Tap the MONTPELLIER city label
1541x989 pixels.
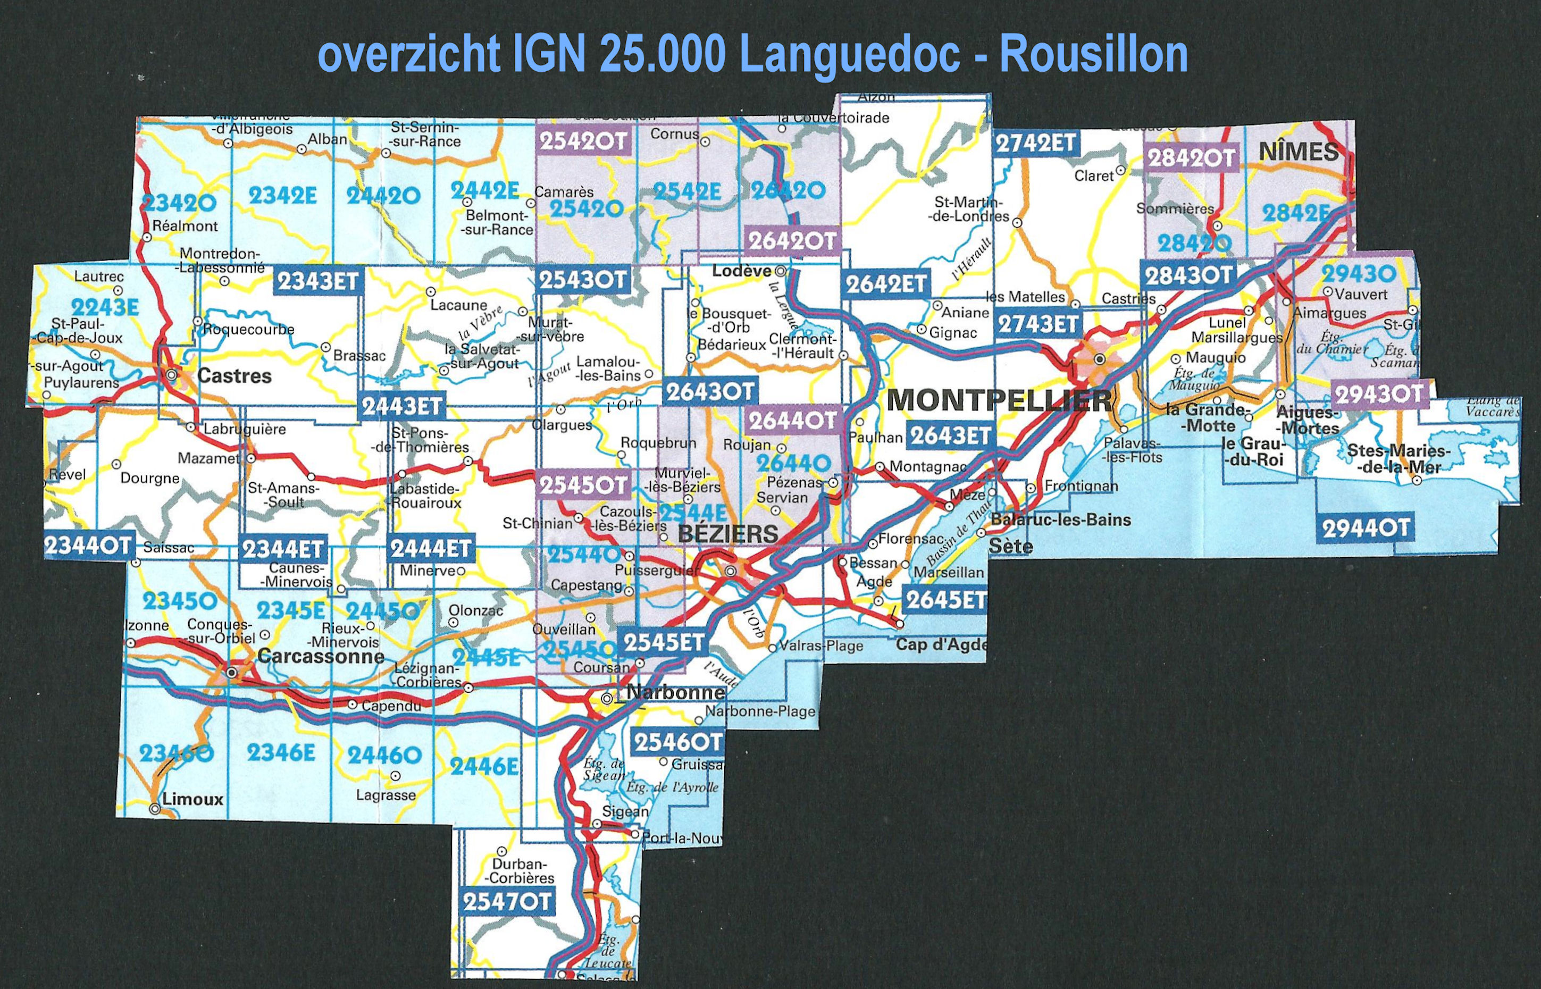[x=999, y=401]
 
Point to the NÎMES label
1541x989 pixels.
[x=1299, y=152]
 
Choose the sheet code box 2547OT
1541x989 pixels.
[x=507, y=902]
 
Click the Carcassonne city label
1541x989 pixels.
[x=321, y=656]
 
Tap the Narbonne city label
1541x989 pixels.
[x=675, y=692]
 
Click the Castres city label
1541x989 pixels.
[x=234, y=376]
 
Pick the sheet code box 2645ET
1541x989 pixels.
[x=944, y=600]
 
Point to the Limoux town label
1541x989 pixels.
[x=192, y=800]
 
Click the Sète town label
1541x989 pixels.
[x=1011, y=547]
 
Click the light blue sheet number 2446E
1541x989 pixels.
[x=484, y=766]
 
